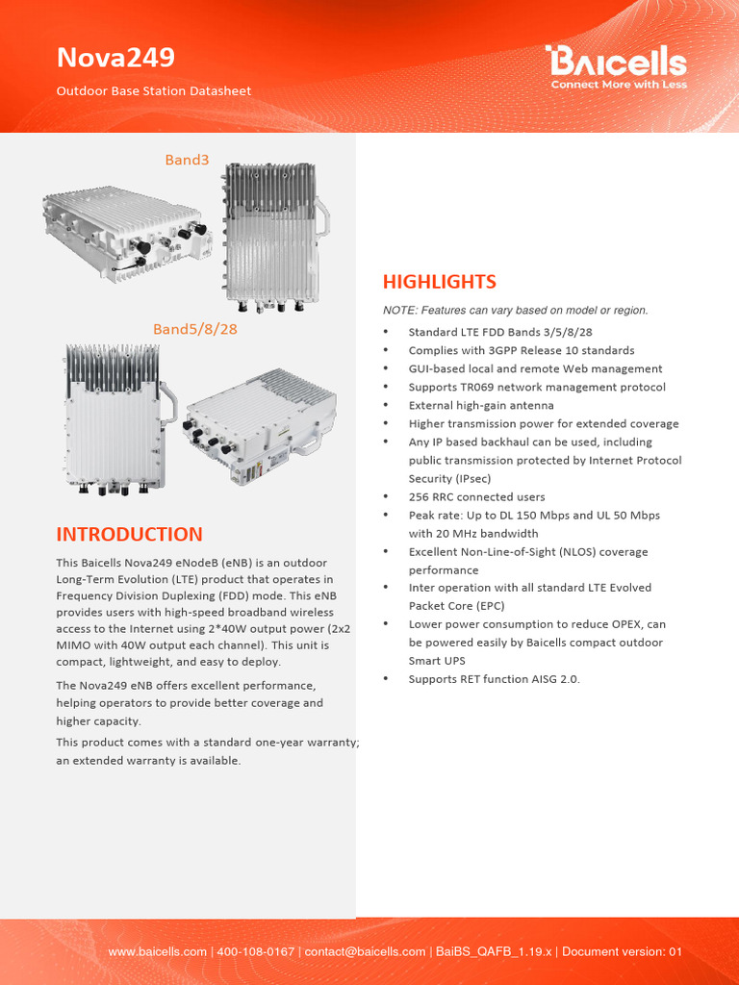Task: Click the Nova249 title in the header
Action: coord(115,58)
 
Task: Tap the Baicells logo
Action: coord(617,63)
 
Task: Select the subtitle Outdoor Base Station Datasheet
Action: coord(153,91)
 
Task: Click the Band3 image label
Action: coord(187,160)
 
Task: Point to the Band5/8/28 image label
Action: coord(195,329)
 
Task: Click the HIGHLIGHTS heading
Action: coord(440,282)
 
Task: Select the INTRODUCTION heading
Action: coord(129,535)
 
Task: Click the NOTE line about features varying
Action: coord(515,310)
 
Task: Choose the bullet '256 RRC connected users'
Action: coord(476,497)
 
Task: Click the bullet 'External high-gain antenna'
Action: coord(481,405)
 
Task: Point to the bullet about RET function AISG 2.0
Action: coord(494,679)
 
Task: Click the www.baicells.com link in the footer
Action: coord(157,951)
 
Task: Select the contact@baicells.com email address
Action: coord(365,951)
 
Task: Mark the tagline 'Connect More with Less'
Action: coord(618,85)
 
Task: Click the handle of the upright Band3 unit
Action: coord(324,217)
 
